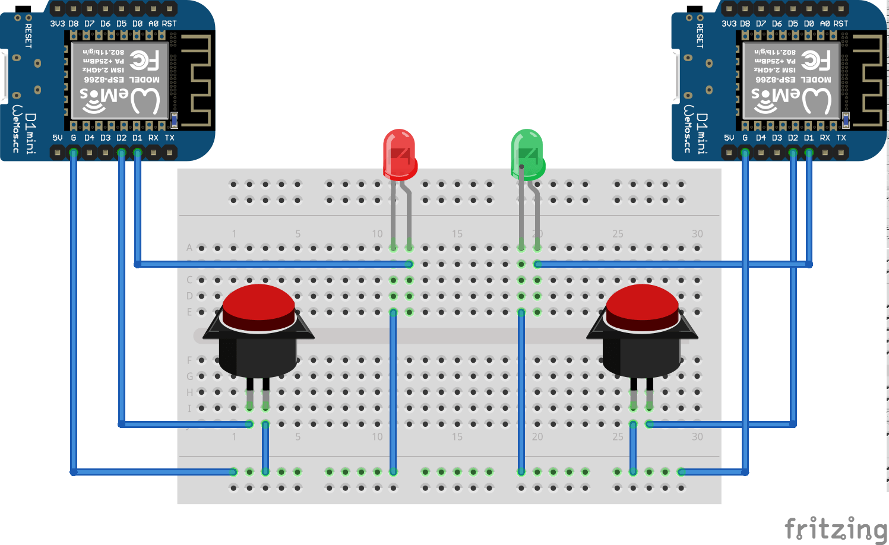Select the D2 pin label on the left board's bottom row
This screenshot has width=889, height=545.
[121, 138]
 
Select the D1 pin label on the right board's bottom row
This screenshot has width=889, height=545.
[809, 138]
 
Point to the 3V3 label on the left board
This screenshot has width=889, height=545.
[57, 24]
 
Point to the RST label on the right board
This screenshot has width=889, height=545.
[841, 24]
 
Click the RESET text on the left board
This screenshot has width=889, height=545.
[28, 36]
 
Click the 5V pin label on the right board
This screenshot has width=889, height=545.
[729, 138]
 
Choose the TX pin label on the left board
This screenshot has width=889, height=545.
[169, 138]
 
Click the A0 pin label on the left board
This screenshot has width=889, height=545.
[153, 24]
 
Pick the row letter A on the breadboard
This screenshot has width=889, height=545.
[189, 248]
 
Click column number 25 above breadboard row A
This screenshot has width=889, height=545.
[618, 234]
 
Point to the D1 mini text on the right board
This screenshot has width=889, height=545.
[702, 134]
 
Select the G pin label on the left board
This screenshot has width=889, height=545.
[74, 138]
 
